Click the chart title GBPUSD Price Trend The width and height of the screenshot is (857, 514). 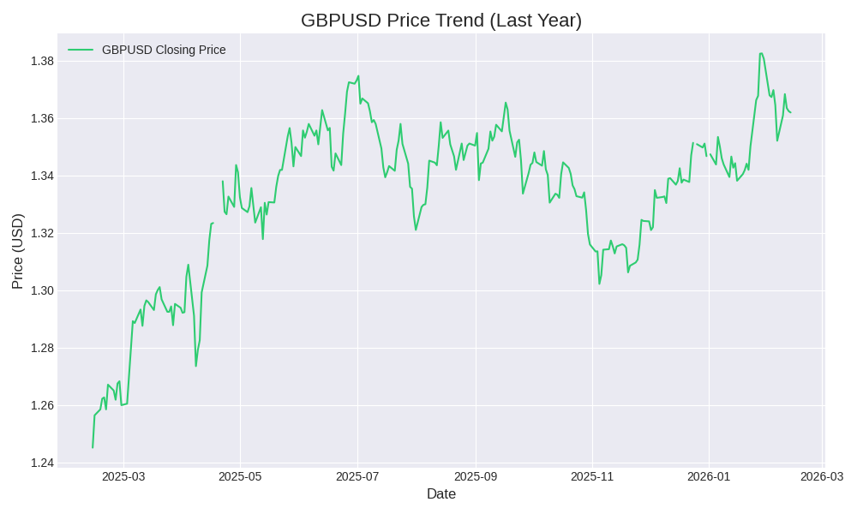click(x=440, y=21)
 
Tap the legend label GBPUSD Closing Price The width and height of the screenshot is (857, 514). click(x=164, y=50)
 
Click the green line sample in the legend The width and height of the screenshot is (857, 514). click(x=81, y=50)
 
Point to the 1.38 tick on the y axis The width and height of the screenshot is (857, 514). click(x=42, y=61)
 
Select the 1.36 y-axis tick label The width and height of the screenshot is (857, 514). click(x=42, y=118)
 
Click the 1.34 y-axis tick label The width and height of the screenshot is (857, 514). click(x=42, y=176)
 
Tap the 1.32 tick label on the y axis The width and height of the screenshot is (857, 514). click(x=42, y=233)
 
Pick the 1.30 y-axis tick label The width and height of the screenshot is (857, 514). click(x=42, y=290)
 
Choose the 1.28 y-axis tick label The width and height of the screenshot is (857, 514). click(x=42, y=348)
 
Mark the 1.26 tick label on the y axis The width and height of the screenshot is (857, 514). click(x=42, y=405)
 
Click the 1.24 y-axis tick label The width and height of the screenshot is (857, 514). click(x=42, y=463)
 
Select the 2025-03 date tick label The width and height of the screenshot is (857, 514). click(x=123, y=476)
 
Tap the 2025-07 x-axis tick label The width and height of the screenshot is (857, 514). click(x=357, y=476)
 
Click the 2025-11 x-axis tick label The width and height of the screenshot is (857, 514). click(x=592, y=476)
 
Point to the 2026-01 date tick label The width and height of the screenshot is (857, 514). click(x=709, y=476)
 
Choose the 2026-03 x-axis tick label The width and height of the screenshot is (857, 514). click(x=822, y=476)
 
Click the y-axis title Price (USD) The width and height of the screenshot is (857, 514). click(x=18, y=251)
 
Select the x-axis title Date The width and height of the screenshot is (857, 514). click(x=440, y=494)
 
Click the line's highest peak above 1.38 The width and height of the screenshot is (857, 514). click(x=761, y=54)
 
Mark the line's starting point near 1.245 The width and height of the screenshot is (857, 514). click(x=93, y=447)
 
